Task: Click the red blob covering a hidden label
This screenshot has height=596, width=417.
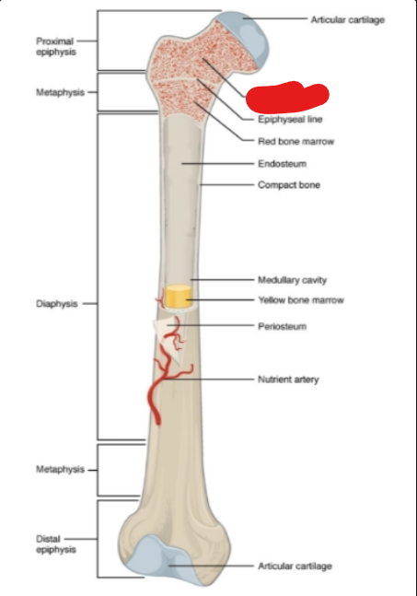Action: click(x=287, y=97)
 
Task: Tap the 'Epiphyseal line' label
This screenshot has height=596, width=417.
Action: click(x=290, y=120)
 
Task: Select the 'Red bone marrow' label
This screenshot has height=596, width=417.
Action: click(x=295, y=141)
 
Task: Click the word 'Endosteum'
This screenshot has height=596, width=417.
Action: click(x=283, y=164)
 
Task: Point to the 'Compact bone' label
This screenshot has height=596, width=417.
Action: click(x=289, y=185)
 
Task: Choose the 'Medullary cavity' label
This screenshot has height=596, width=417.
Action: click(x=292, y=280)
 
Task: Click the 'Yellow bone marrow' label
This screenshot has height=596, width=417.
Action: click(x=301, y=300)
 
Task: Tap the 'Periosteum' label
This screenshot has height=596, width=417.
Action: click(x=283, y=326)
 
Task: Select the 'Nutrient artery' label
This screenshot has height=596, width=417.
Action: click(x=288, y=380)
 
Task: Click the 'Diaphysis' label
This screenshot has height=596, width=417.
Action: click(x=57, y=304)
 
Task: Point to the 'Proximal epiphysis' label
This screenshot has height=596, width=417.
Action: click(x=56, y=46)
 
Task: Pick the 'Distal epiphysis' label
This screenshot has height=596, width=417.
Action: click(x=56, y=544)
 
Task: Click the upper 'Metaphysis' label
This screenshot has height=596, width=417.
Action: click(x=60, y=92)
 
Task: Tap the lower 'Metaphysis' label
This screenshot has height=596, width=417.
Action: click(x=60, y=470)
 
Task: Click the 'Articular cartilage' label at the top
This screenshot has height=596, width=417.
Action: click(x=348, y=19)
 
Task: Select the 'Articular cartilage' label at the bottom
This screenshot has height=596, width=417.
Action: click(x=295, y=567)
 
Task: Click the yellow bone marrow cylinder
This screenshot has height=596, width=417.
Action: click(x=179, y=296)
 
